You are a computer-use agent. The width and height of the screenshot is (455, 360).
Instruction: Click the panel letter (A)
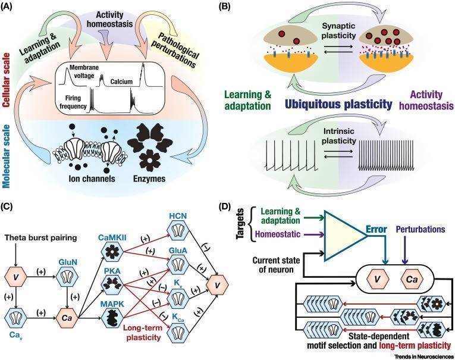pos(11,7)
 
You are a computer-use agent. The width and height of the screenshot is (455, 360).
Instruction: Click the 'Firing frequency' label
pos(70,103)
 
